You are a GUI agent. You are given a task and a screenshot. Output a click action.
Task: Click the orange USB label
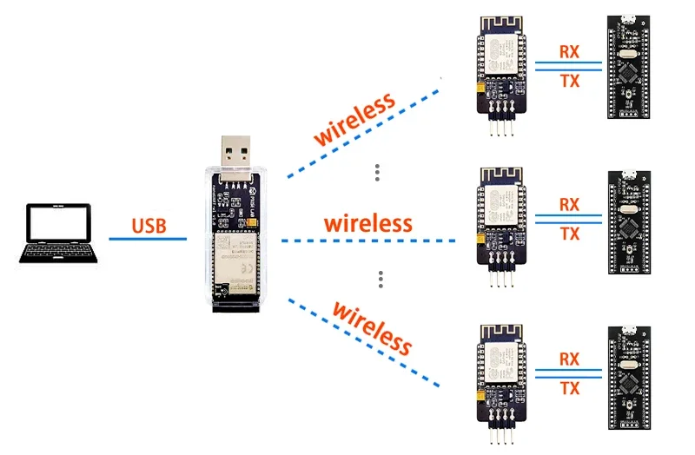[x=148, y=227]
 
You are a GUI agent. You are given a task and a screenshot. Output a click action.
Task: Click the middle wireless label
[x=367, y=222]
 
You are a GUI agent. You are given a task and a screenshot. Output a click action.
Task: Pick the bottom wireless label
[x=373, y=327]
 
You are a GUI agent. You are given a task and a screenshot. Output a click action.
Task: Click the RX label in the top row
[x=569, y=51]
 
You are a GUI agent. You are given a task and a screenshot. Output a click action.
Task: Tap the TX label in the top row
[x=569, y=81]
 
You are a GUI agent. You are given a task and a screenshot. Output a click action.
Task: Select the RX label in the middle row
[x=569, y=205]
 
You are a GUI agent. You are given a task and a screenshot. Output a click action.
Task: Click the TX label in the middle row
[x=569, y=234]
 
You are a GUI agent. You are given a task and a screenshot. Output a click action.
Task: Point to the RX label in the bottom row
[x=569, y=359]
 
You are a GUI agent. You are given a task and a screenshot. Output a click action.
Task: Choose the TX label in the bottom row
[x=569, y=388]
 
